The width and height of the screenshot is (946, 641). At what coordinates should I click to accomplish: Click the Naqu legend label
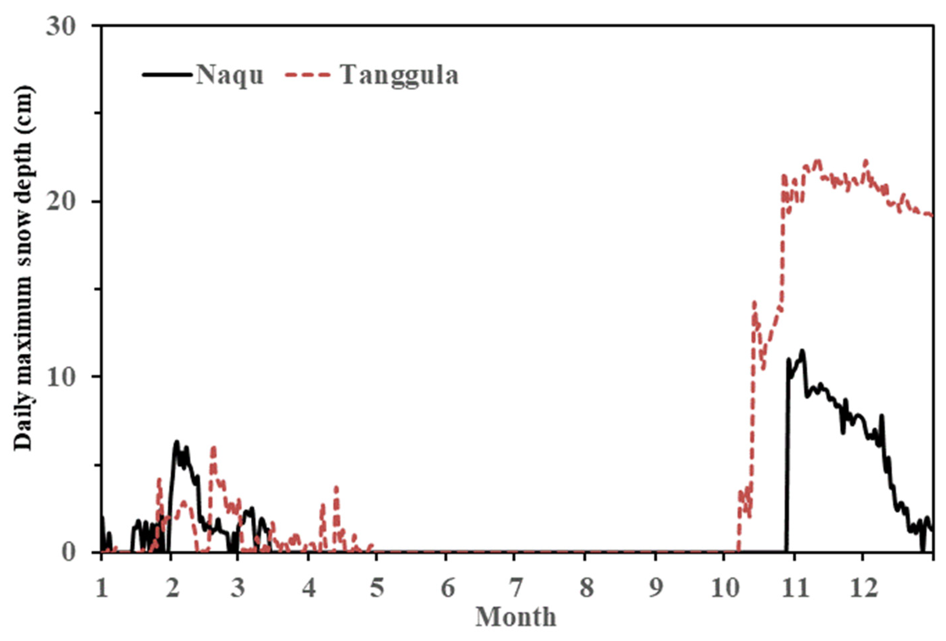(x=230, y=76)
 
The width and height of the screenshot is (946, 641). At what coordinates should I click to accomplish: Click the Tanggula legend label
(x=400, y=76)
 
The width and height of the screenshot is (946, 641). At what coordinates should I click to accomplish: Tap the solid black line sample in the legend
(x=167, y=75)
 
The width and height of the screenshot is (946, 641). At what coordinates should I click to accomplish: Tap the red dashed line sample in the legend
(x=307, y=75)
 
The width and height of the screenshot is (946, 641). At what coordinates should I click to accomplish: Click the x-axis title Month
(x=516, y=617)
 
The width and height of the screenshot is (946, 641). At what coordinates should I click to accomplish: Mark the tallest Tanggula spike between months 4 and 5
(x=336, y=487)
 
